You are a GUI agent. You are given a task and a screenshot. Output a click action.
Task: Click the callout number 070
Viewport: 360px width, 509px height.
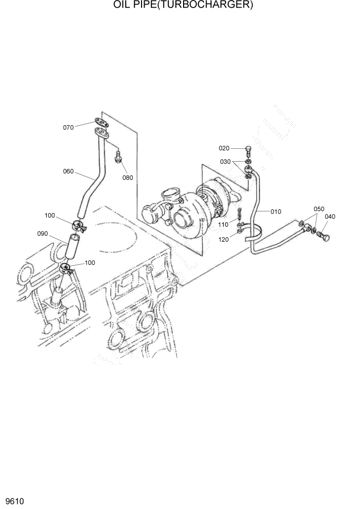68,127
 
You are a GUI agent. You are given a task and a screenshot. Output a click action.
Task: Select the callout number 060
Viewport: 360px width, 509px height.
68,171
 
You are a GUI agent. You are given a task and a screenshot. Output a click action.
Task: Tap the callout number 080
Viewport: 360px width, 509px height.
127,178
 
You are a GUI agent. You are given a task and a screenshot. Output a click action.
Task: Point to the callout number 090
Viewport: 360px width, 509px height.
42,233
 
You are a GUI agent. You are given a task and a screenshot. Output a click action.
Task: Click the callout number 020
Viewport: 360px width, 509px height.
224,148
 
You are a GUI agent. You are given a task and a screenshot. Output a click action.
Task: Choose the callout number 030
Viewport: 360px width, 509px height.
226,162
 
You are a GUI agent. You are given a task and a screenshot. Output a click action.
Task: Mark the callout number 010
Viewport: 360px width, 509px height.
276,211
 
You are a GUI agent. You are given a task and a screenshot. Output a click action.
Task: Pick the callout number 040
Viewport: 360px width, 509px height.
330,217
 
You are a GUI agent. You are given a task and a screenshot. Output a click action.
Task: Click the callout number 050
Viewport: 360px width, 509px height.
319,209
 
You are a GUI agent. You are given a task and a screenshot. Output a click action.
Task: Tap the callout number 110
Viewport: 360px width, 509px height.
223,225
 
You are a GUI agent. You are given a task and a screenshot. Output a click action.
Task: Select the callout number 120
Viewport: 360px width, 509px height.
223,240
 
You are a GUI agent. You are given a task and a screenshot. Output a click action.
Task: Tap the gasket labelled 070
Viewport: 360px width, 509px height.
102,123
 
